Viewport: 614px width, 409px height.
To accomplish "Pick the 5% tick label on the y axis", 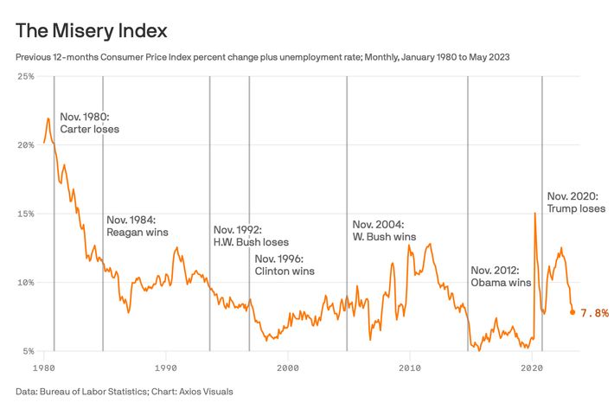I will pyautogui.click(x=27, y=352).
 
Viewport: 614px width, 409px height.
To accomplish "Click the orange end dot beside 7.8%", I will pyautogui.click(x=572, y=312).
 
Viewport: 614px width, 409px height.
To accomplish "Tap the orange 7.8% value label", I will pyautogui.click(x=595, y=312).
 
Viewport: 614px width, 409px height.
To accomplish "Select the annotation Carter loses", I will pyautogui.click(x=89, y=129).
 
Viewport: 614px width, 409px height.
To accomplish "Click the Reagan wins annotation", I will pyautogui.click(x=137, y=232).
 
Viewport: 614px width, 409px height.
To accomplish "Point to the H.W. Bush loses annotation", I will pyautogui.click(x=251, y=243).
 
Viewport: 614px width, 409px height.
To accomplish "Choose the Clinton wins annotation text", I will pyautogui.click(x=285, y=271).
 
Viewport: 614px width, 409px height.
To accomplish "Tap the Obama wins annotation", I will pyautogui.click(x=501, y=283).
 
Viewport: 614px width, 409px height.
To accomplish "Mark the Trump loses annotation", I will pyautogui.click(x=576, y=208).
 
